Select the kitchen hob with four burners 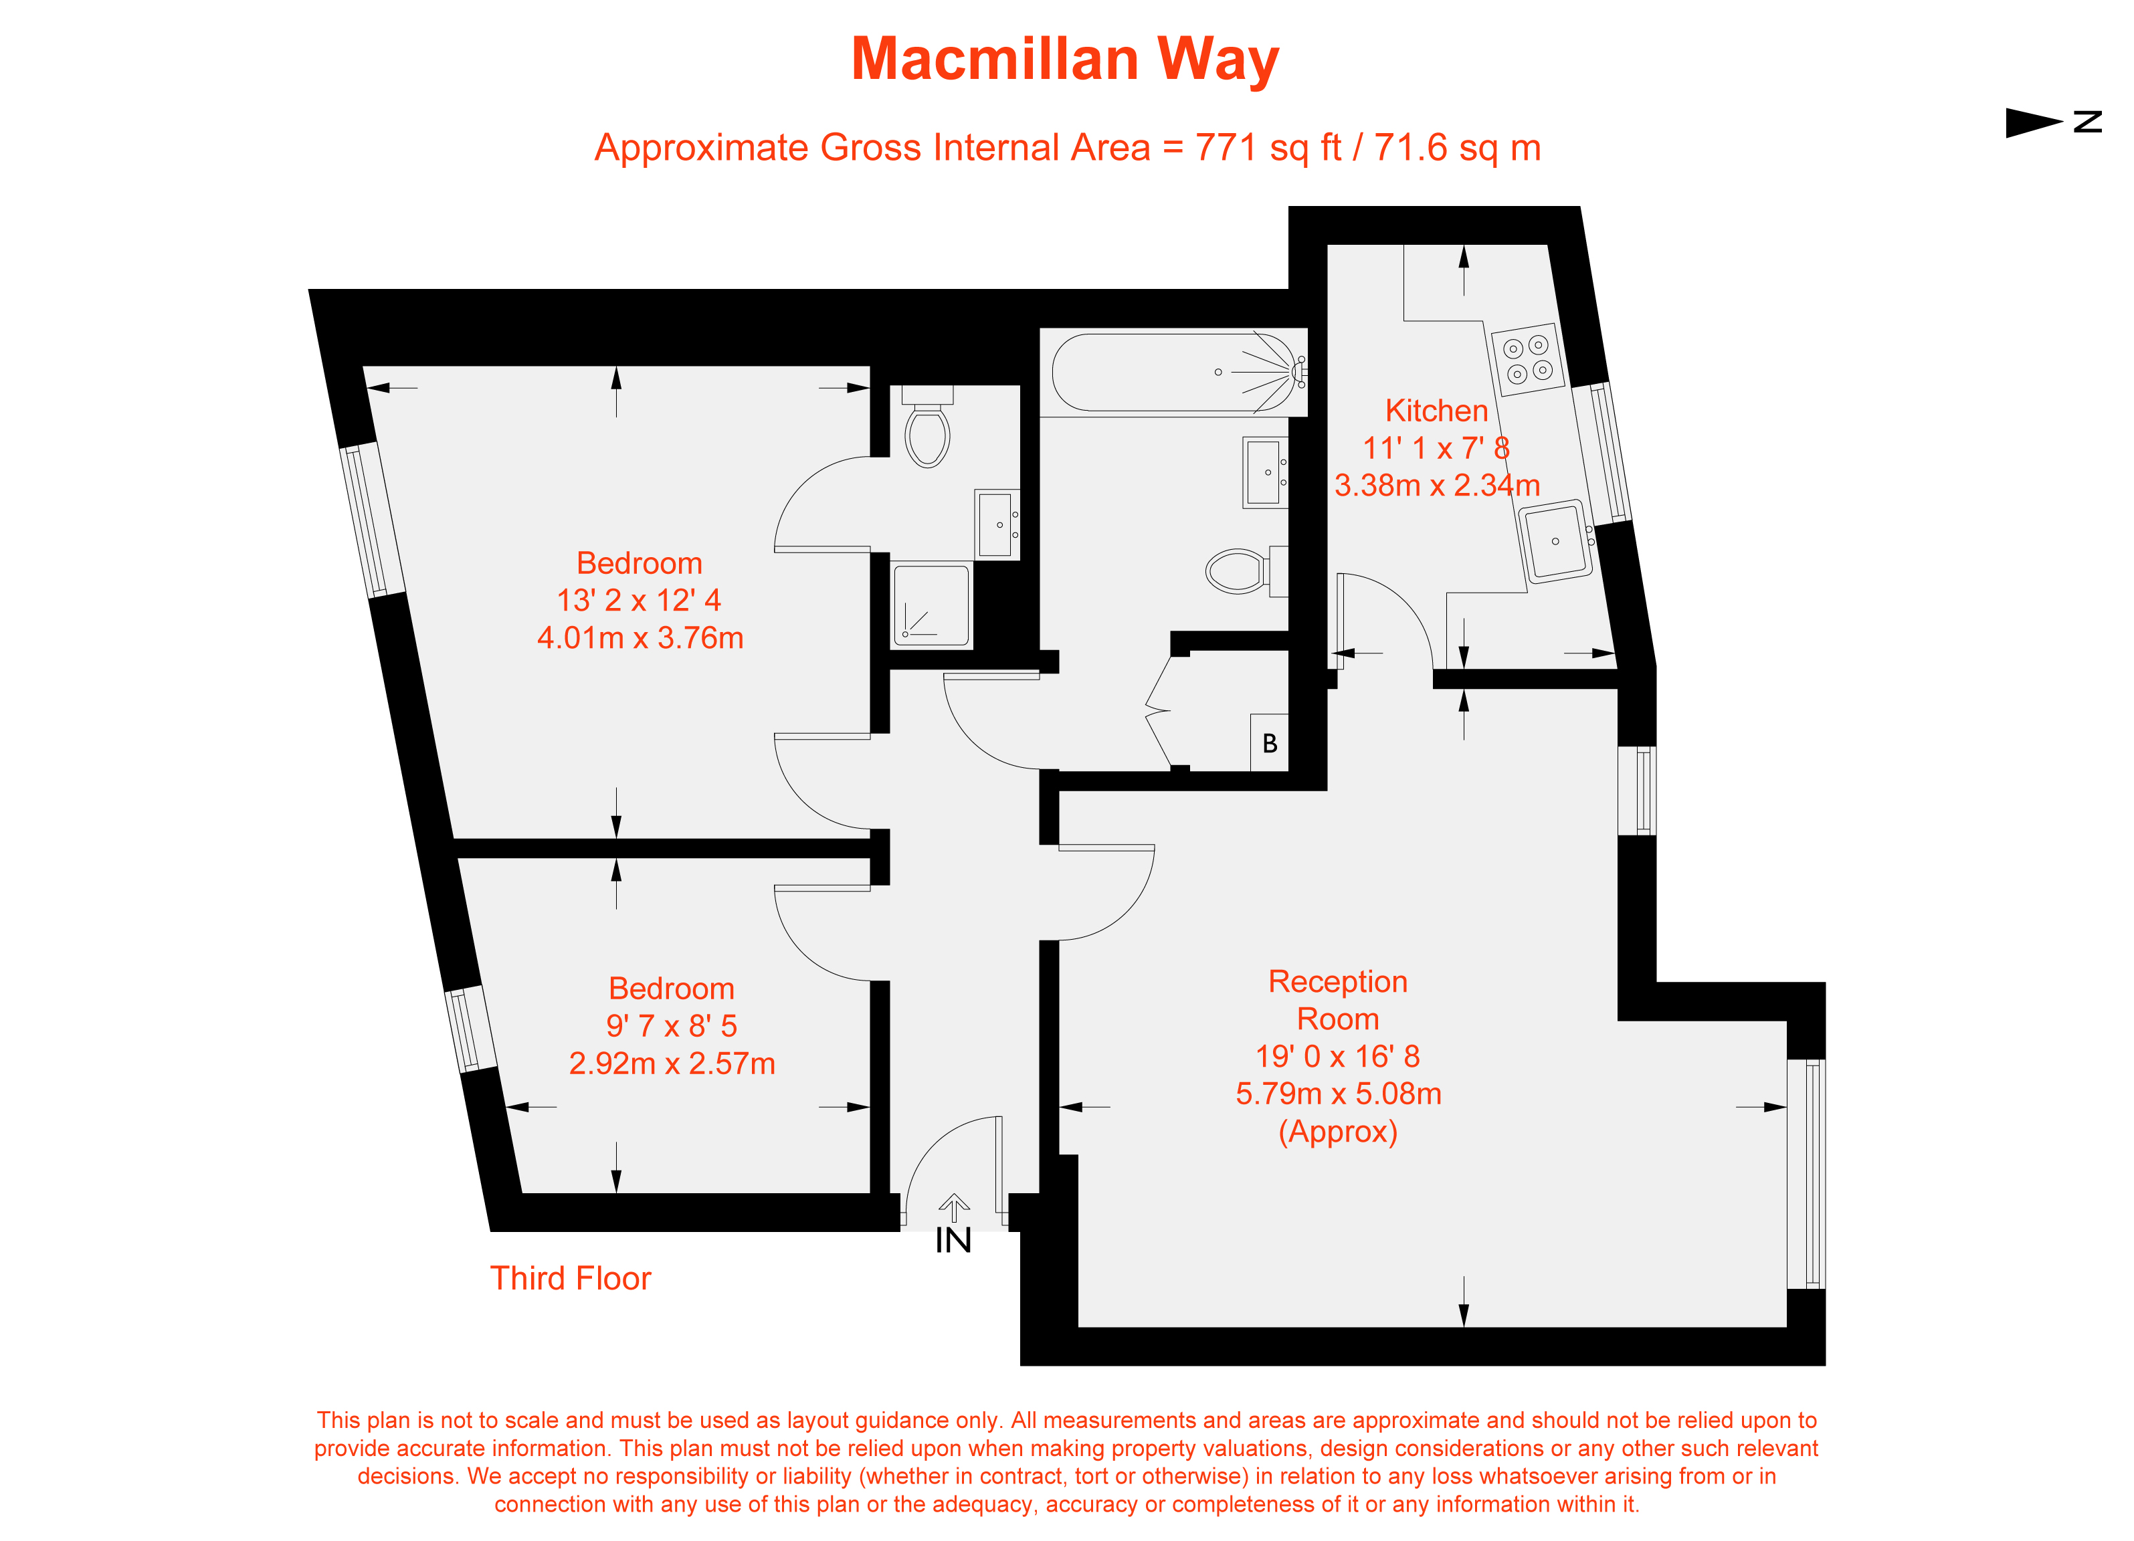coord(1527,359)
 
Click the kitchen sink coord(1555,542)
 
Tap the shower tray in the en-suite coord(930,605)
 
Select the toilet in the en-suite coord(927,432)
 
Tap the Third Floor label coord(570,1279)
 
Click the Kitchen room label coord(1436,411)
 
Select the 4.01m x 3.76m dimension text coord(640,638)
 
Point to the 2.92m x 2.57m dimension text coord(672,1063)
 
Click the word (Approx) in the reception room coord(1337,1131)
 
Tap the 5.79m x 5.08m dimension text coord(1338,1093)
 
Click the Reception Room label coord(1338,1000)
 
